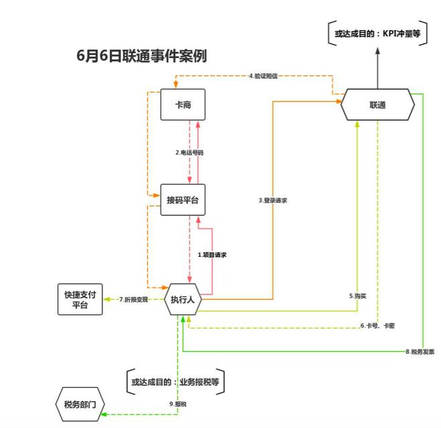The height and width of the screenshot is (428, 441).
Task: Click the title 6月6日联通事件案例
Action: point(142,56)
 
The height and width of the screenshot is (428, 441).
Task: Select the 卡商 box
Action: point(183,105)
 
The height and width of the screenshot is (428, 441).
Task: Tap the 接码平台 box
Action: point(183,200)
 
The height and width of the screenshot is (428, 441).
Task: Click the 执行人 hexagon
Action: point(183,300)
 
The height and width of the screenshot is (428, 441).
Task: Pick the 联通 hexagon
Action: point(377,105)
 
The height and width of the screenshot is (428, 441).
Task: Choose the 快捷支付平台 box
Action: point(80,300)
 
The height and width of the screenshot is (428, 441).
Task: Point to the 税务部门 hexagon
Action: point(80,404)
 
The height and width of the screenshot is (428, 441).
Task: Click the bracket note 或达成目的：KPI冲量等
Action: point(377,33)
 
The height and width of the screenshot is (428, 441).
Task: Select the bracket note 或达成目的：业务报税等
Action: point(176,382)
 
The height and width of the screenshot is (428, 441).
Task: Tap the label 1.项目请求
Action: point(211,254)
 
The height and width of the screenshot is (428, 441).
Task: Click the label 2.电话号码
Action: point(189,152)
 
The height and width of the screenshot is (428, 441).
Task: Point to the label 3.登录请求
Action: point(273,200)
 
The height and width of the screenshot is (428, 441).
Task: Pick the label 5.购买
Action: point(357,295)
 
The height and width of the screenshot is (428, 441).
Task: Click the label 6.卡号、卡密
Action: point(377,326)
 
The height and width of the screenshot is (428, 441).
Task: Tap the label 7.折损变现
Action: point(133,299)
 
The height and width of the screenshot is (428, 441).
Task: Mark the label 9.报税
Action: point(177,403)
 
